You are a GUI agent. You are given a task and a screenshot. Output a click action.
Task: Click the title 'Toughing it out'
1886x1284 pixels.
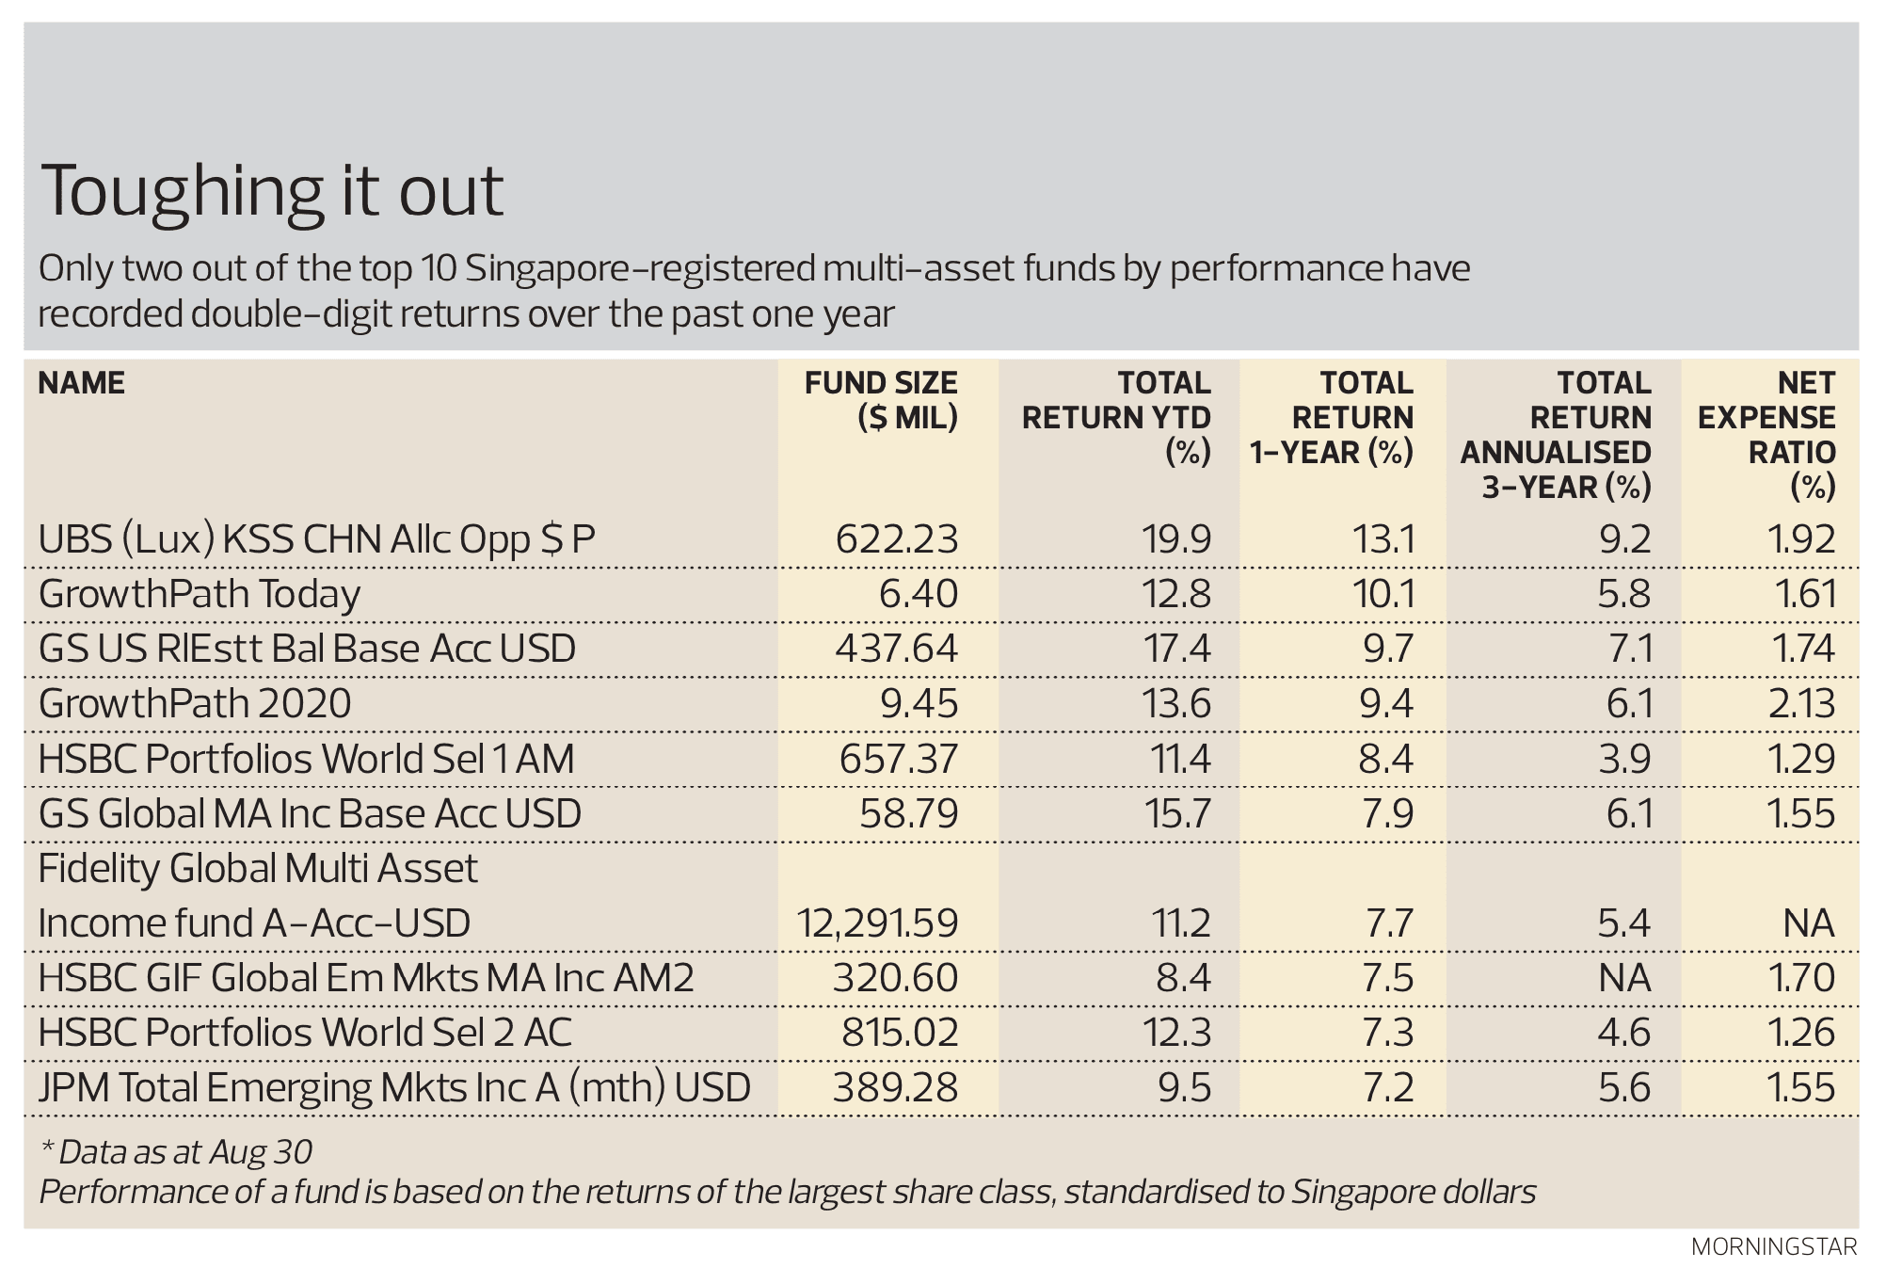click(x=272, y=192)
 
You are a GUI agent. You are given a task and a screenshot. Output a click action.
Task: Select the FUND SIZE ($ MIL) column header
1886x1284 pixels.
click(x=881, y=400)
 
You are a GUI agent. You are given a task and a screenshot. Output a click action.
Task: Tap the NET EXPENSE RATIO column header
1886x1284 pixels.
click(x=1766, y=435)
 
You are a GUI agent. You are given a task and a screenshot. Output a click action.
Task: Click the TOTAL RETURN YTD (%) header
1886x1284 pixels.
click(x=1117, y=417)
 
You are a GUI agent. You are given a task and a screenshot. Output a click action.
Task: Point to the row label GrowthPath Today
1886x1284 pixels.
click(x=200, y=595)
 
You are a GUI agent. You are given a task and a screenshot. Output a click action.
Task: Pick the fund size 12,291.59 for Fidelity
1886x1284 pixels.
click(x=877, y=923)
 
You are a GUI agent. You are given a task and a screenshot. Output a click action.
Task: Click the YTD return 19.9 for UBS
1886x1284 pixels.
click(x=1176, y=540)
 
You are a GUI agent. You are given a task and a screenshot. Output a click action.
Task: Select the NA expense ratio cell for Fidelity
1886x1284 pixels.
click(x=1808, y=923)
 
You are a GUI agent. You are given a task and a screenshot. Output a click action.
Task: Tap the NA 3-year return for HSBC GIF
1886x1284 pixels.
click(x=1624, y=978)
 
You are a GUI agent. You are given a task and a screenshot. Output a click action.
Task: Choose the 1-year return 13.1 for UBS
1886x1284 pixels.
click(x=1383, y=540)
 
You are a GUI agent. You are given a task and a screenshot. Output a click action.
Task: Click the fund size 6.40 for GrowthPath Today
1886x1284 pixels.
click(x=919, y=595)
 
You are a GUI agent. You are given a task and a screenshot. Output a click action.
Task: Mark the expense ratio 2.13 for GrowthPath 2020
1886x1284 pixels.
click(x=1801, y=704)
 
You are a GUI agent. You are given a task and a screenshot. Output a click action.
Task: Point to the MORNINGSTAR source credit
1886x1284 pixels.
click(x=1774, y=1247)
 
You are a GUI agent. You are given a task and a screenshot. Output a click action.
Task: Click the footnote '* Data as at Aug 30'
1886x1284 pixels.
click(x=176, y=1152)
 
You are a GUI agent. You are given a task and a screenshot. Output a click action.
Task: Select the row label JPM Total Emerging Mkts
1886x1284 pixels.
click(x=394, y=1088)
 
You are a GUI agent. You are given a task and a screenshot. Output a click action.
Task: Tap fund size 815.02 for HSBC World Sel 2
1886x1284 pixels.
click(x=900, y=1033)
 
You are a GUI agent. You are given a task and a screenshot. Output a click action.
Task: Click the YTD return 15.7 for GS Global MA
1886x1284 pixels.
click(x=1176, y=814)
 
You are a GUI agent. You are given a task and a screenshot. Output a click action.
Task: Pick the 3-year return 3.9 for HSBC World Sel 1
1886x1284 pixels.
click(x=1624, y=760)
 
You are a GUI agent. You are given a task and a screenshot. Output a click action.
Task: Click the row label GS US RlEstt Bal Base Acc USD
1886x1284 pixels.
click(x=307, y=650)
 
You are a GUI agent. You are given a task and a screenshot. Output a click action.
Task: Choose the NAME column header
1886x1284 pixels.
click(x=82, y=383)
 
